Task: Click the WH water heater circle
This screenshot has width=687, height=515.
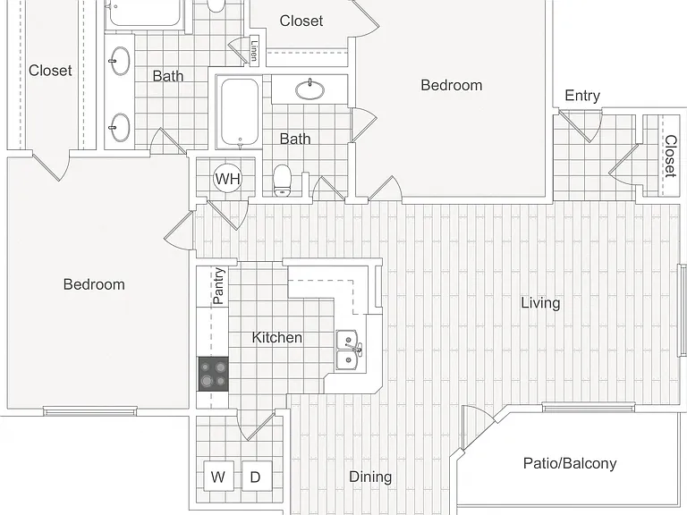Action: (x=228, y=179)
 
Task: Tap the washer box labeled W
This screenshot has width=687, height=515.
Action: (x=218, y=476)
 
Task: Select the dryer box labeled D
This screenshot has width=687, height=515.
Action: (x=257, y=476)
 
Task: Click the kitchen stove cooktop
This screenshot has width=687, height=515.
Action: (x=214, y=374)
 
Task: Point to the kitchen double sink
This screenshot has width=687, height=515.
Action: (x=350, y=350)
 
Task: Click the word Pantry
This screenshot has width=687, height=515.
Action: (x=218, y=286)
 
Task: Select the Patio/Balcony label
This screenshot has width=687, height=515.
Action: (x=570, y=463)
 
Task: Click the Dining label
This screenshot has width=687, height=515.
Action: (x=370, y=477)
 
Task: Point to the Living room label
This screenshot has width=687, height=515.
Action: (x=540, y=303)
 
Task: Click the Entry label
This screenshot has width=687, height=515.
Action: (x=582, y=96)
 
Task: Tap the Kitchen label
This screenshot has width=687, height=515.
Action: (x=277, y=338)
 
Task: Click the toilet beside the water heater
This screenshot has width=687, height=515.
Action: (x=282, y=181)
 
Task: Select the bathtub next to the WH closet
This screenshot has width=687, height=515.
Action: (x=239, y=112)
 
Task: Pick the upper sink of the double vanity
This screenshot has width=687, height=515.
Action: (x=119, y=62)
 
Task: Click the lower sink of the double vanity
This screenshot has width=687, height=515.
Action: (x=119, y=128)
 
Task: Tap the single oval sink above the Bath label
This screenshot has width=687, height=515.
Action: (x=310, y=89)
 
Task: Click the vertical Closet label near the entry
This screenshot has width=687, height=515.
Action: (x=670, y=156)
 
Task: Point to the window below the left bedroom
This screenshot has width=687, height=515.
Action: (x=89, y=410)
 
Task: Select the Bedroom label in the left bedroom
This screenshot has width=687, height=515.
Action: (x=94, y=284)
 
